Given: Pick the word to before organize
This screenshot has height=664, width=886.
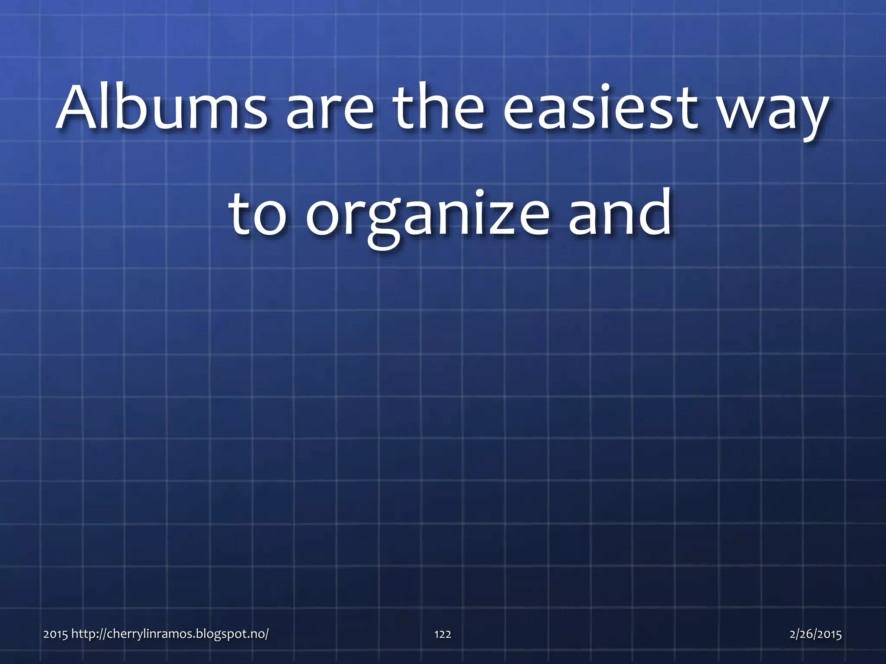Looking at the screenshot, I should (x=257, y=214).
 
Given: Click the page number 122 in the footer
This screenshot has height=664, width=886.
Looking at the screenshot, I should (x=443, y=634).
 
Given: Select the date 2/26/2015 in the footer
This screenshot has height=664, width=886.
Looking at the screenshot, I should (x=815, y=634).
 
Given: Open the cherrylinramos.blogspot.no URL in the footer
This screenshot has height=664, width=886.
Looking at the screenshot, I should (x=170, y=634).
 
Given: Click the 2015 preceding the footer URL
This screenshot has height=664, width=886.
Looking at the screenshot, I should (x=56, y=634).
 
